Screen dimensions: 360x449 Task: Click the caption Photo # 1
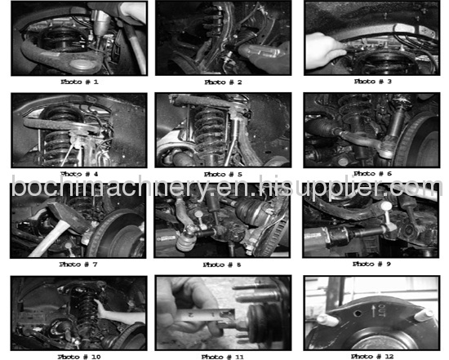point(78,82)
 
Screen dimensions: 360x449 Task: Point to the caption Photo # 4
point(78,174)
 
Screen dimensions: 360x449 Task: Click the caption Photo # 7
point(78,264)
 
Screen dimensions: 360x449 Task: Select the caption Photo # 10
point(78,356)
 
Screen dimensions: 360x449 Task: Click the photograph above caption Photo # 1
point(78,38)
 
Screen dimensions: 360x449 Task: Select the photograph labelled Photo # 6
point(372,130)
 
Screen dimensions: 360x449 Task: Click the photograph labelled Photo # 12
point(372,313)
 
